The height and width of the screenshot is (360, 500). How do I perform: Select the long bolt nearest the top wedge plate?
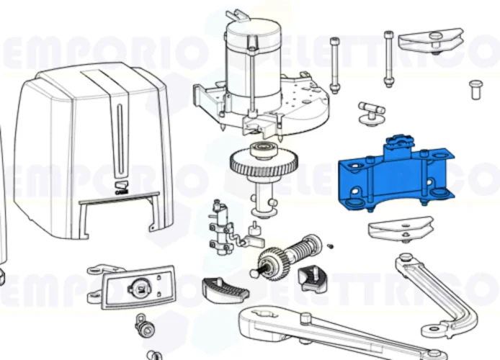coord(389,61)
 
